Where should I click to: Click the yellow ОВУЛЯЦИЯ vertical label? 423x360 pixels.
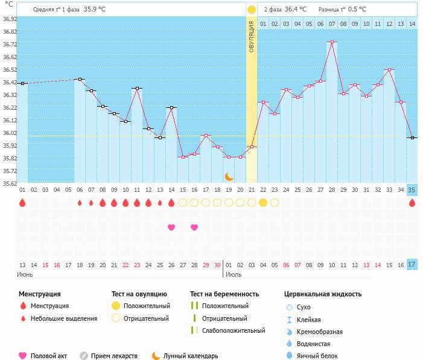click(x=251, y=36)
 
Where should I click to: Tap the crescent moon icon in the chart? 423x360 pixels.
click(x=229, y=176)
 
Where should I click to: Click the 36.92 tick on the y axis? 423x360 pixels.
click(x=10, y=19)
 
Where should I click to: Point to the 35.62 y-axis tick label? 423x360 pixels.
click(x=10, y=183)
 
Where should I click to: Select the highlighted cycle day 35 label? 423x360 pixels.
click(x=412, y=190)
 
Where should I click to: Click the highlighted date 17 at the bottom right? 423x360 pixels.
click(x=412, y=264)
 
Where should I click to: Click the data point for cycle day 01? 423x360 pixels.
click(x=22, y=83)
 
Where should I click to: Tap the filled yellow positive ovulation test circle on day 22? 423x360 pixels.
click(x=263, y=203)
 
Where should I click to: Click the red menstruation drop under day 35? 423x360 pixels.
click(x=412, y=203)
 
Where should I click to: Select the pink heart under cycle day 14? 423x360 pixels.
click(x=171, y=227)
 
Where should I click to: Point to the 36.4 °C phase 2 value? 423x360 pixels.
click(x=295, y=10)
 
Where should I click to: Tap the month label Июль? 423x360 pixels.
click(x=234, y=274)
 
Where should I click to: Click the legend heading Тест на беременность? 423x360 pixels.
click(x=224, y=294)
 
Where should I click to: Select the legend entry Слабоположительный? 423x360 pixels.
click(x=234, y=330)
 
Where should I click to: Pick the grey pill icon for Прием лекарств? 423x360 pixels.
click(x=84, y=356)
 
